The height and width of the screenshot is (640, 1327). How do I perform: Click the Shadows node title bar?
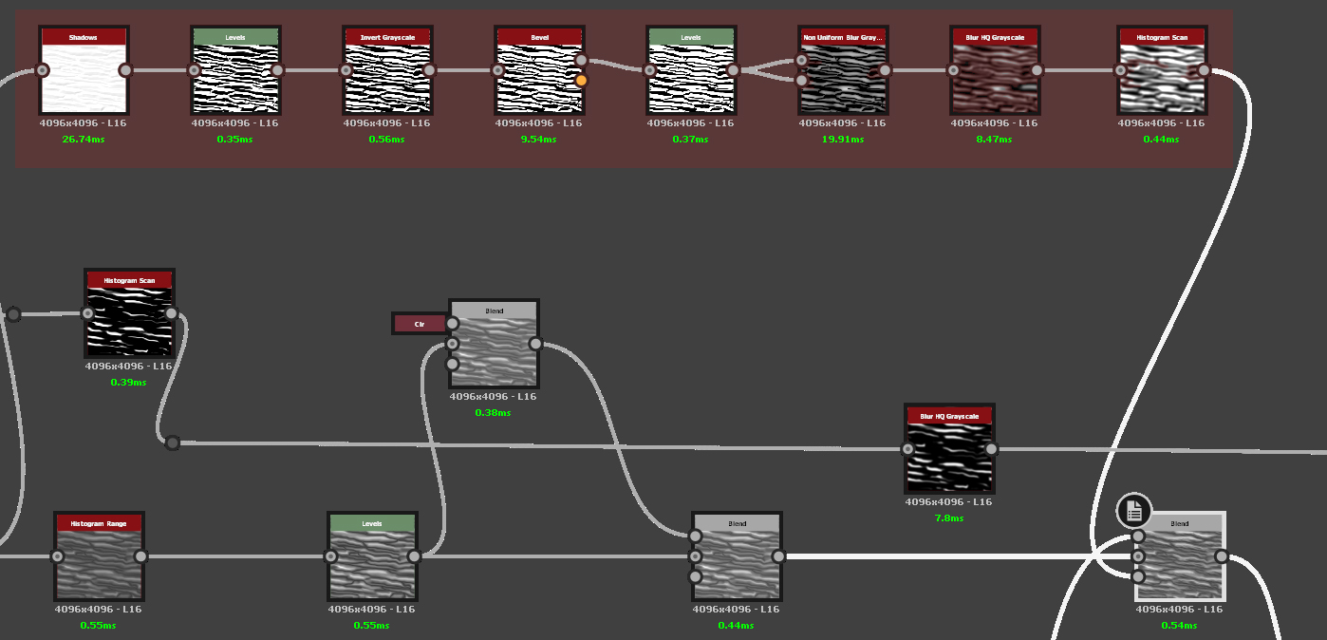84,37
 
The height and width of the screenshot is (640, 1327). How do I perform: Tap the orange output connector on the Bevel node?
581,81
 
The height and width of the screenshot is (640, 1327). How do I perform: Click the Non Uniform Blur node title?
843,37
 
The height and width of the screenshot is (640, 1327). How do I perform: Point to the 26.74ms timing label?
83,140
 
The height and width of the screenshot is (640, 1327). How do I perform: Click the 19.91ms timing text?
842,140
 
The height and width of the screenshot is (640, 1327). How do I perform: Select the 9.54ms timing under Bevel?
538,140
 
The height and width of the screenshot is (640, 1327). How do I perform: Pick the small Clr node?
419,324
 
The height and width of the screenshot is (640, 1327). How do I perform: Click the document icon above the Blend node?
1133,512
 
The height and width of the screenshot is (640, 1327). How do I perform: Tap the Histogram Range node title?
99,523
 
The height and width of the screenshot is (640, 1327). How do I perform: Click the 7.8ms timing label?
948,518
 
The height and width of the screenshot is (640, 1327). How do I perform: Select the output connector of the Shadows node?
125,70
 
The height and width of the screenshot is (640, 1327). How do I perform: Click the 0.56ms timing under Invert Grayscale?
386,140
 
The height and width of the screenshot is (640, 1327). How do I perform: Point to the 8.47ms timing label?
994,140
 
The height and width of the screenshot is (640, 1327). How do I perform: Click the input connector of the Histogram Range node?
57,556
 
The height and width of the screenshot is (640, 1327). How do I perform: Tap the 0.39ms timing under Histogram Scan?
128,383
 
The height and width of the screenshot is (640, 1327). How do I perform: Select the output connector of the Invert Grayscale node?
429,70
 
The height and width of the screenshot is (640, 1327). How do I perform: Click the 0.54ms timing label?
1179,626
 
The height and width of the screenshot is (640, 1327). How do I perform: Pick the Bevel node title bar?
539,37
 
